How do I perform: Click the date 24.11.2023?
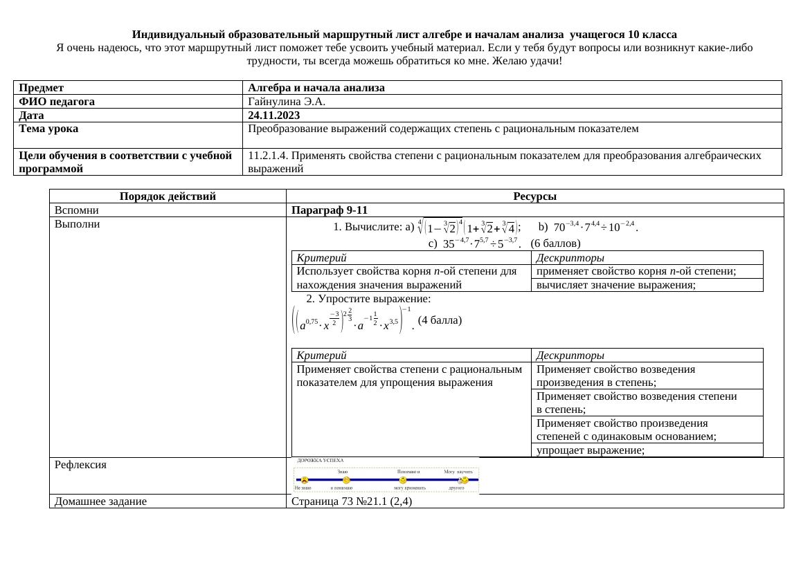pos(273,116)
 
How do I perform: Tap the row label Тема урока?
pos(48,129)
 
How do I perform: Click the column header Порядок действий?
pos(168,196)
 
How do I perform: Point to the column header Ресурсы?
pos(535,196)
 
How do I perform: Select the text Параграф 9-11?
pos(330,210)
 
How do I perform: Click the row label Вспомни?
pos(77,210)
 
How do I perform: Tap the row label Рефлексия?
pos(80,465)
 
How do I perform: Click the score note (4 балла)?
pos(440,320)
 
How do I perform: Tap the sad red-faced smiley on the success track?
pos(305,479)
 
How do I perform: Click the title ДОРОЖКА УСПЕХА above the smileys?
pos(320,460)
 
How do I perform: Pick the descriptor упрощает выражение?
pos(590,450)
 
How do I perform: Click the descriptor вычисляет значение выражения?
pos(615,284)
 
